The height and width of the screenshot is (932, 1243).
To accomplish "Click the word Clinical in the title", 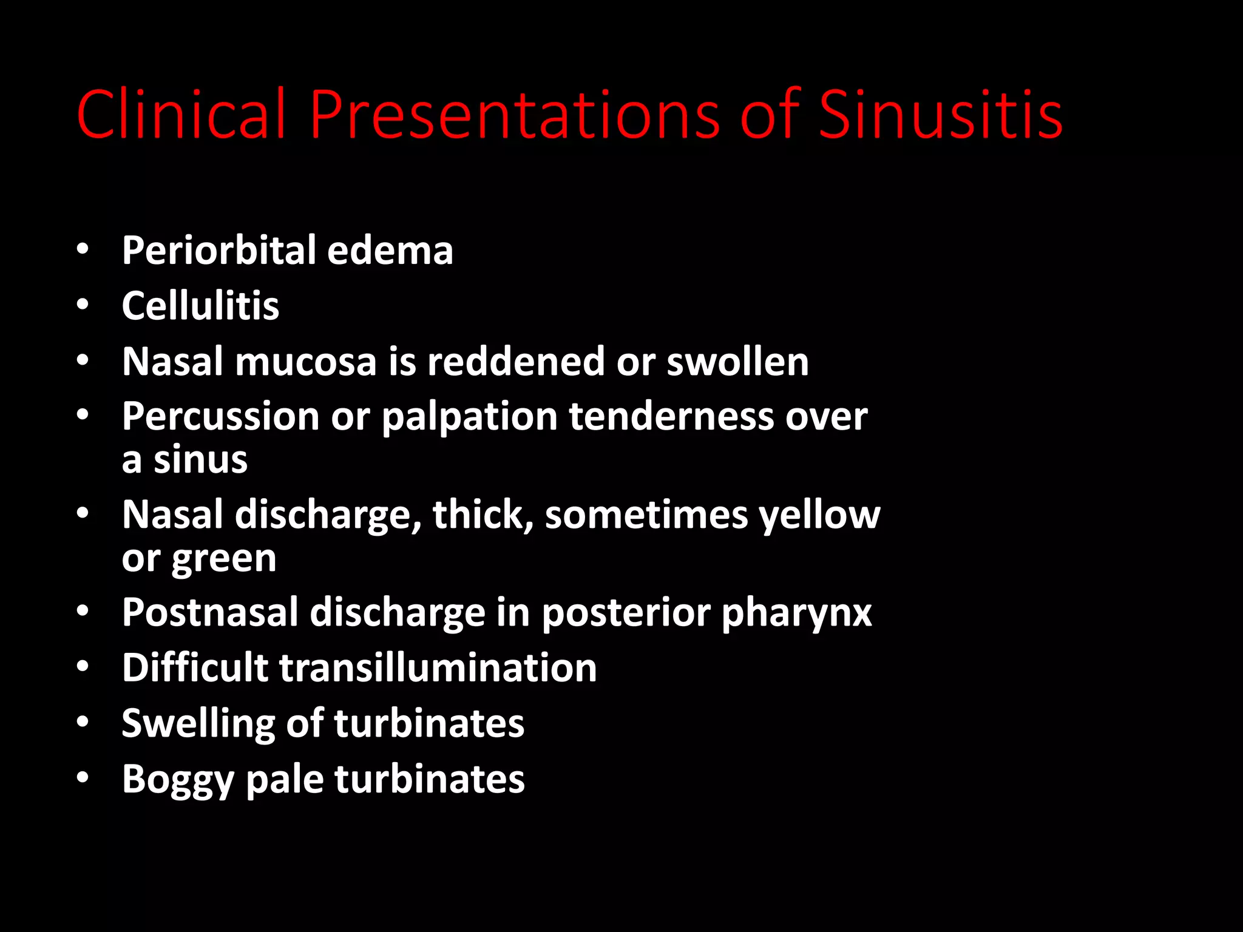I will (181, 114).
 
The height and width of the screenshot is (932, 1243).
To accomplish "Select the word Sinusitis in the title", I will (940, 114).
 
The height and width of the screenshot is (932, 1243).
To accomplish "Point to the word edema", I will (390, 250).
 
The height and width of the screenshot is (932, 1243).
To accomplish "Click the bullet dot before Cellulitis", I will (83, 305).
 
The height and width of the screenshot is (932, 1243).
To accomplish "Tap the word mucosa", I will (306, 362).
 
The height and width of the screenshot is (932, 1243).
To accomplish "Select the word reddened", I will (516, 362).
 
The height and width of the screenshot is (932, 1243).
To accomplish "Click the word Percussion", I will (220, 417).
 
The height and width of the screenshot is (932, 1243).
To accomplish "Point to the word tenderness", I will (671, 417).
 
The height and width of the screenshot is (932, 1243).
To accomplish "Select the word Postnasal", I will (210, 612).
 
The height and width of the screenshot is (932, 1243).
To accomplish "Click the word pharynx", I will (796, 613).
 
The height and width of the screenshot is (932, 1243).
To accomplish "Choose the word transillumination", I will (438, 668).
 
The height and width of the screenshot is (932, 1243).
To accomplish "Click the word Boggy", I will (178, 780).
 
